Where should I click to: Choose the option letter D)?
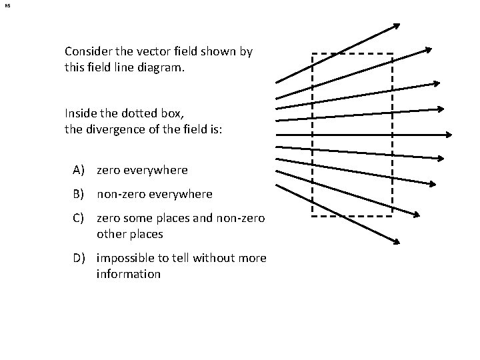(x=80, y=257)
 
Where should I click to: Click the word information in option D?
(x=129, y=274)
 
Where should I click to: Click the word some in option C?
(x=137, y=217)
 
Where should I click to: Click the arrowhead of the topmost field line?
(x=397, y=26)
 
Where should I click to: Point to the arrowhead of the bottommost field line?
(x=397, y=241)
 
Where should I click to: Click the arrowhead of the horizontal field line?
(x=449, y=134)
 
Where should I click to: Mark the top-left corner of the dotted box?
(x=313, y=53)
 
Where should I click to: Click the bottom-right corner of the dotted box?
(x=392, y=215)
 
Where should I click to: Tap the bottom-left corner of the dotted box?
(x=313, y=215)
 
